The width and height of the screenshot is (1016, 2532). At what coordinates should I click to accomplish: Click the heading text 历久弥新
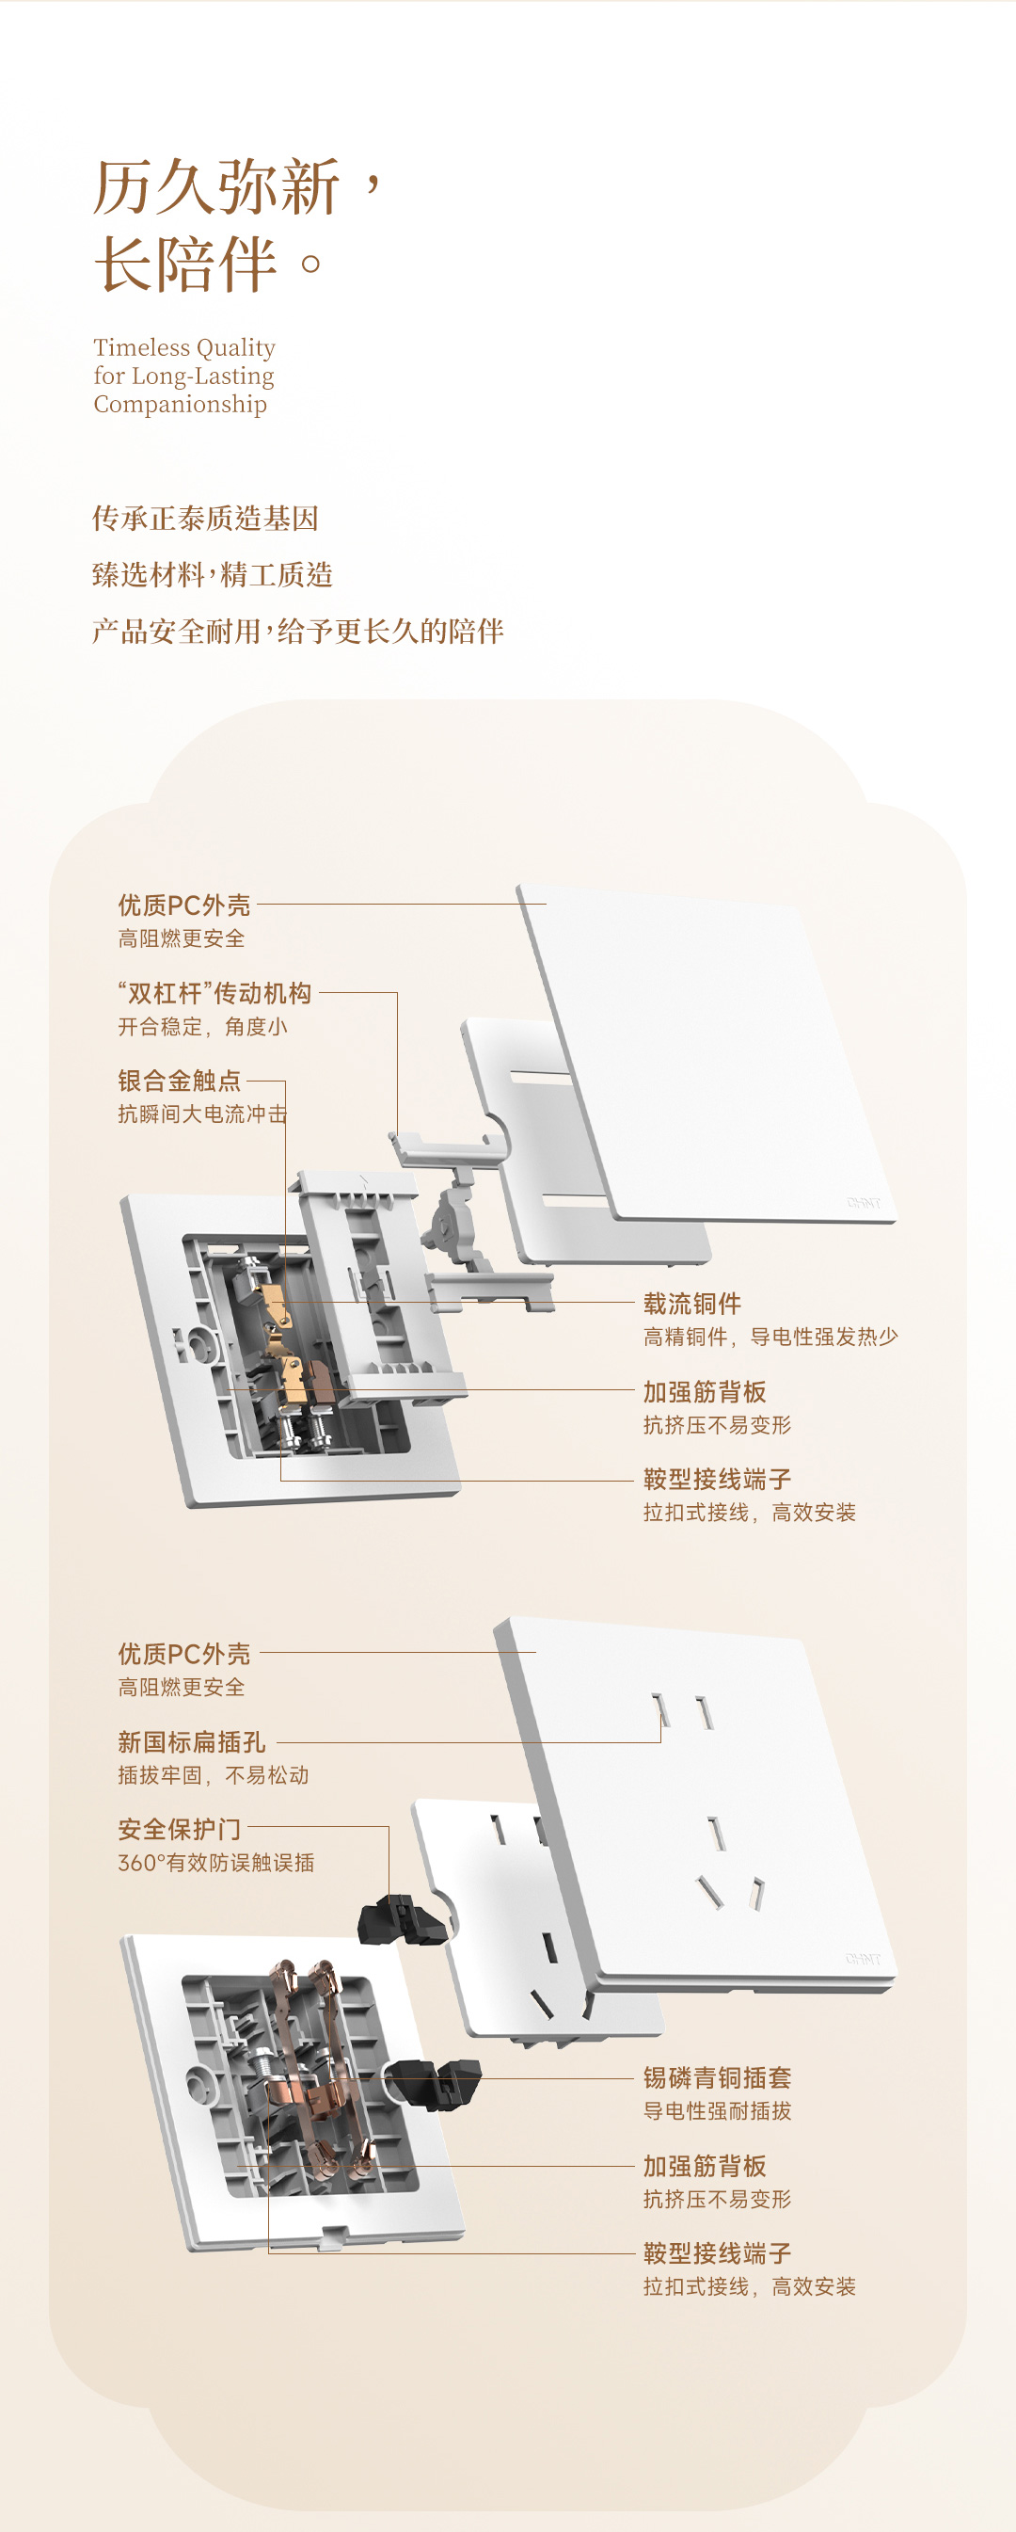point(216,186)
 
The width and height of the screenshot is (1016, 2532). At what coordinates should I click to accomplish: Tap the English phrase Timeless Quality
point(183,348)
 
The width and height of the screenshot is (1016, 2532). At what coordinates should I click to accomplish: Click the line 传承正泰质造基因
point(205,518)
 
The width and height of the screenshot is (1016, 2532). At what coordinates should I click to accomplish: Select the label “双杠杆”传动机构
point(215,993)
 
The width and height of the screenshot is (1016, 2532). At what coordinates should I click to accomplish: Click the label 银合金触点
point(179,1081)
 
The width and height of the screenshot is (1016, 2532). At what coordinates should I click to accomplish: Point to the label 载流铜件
point(691,1304)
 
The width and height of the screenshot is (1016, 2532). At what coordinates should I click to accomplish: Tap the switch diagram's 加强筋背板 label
point(704,1392)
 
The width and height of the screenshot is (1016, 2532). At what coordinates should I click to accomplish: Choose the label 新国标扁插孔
point(192,1741)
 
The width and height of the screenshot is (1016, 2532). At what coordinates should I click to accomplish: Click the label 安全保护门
point(179,1829)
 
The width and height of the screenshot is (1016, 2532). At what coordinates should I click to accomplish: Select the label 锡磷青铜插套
point(716,2077)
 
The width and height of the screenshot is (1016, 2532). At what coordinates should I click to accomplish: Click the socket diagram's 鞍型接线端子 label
point(716,2252)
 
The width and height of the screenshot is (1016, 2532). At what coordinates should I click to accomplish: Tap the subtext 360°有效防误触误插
point(216,1863)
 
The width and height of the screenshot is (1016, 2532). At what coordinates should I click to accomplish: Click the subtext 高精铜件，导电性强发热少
point(770,1337)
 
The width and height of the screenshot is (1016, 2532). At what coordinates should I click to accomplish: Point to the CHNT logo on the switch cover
point(863,1203)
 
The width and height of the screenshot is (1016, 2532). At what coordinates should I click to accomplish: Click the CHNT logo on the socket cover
point(863,1959)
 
